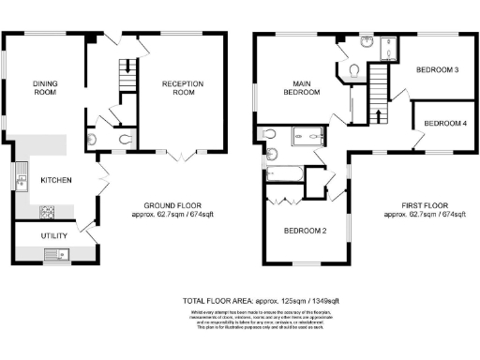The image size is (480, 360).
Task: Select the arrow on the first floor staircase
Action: click(379, 116)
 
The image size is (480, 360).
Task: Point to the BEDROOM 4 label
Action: click(444, 124)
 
